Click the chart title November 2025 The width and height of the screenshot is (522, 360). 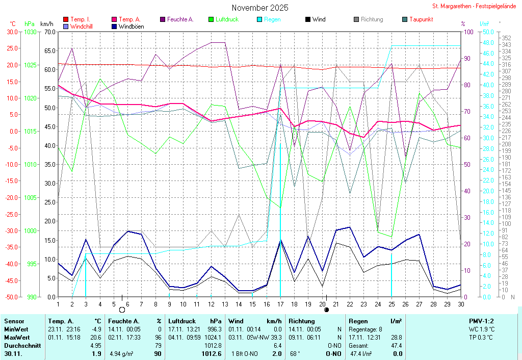pos(259,8)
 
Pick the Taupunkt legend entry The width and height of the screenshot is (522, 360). pos(421,19)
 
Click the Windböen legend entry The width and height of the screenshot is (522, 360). pos(130,26)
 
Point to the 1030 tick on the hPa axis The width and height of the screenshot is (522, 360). pos(30,32)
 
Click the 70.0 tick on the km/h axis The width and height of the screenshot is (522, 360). pos(49,32)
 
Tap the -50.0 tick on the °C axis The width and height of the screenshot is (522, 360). pos(11,297)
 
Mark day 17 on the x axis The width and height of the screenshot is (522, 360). pos(280,304)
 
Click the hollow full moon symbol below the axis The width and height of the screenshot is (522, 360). pos(122,310)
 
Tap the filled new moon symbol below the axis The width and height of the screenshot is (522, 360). pos(326,310)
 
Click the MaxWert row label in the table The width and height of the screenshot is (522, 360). pos(17,338)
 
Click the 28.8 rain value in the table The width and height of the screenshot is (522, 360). pos(395,338)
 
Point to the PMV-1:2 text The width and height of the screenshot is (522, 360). pos(481,321)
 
